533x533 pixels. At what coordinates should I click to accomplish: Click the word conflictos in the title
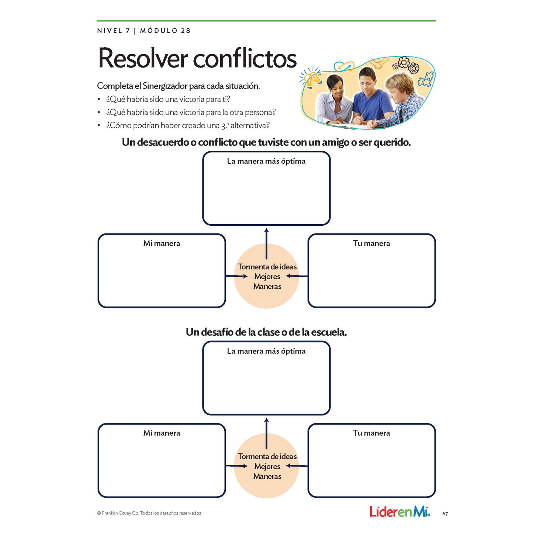(x=245, y=58)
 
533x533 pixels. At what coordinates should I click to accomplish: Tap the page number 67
(x=445, y=514)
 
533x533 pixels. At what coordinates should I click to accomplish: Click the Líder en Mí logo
(x=399, y=512)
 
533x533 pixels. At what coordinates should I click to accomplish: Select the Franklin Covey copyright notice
(x=149, y=513)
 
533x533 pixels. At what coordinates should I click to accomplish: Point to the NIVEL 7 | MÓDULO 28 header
(x=144, y=31)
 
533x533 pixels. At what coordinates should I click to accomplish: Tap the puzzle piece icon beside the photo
(x=426, y=79)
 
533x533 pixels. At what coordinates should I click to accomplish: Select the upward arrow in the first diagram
(x=266, y=243)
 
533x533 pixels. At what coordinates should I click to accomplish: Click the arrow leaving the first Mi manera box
(x=236, y=276)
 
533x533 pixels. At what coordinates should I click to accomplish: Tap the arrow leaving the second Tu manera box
(x=297, y=466)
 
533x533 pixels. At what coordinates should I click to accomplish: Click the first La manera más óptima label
(x=266, y=161)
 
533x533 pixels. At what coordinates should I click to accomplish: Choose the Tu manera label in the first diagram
(x=371, y=243)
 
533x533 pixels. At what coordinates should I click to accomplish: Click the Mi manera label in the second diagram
(x=162, y=433)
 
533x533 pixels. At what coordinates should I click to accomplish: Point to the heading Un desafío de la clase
(x=266, y=332)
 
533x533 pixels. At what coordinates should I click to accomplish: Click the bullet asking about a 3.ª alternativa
(x=188, y=125)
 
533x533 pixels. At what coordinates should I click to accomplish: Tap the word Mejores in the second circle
(x=267, y=466)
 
